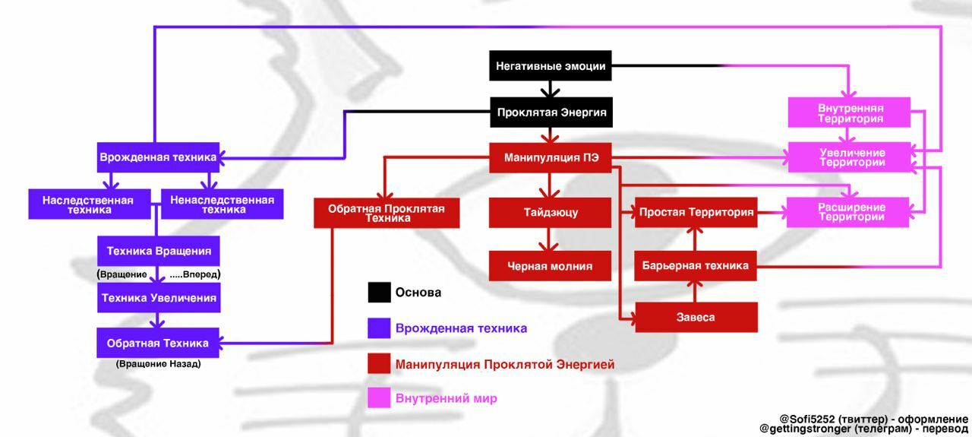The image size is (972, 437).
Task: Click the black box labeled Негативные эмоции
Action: coord(551,66)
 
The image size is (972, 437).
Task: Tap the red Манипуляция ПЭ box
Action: coord(551,158)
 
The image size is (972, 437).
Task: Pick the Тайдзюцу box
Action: coord(551,213)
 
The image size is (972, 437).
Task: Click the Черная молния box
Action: coord(551,266)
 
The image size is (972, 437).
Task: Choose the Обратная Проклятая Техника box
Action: coord(387,213)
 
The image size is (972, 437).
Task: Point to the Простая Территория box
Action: coord(696,213)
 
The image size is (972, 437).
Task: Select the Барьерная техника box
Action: coord(696,266)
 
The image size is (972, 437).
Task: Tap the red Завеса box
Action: coord(696,317)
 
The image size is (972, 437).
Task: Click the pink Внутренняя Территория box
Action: coord(850,113)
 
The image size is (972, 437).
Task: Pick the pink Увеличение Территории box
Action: coord(850,157)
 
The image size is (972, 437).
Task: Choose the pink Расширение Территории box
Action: coord(848,212)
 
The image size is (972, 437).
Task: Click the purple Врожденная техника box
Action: coord(158,157)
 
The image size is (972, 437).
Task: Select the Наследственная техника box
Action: coord(89,204)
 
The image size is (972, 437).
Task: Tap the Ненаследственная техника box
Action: coord(222,204)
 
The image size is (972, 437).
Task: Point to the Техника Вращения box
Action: coord(158,251)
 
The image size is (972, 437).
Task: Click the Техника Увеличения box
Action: coord(158,298)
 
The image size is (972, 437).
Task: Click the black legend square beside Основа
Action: coord(379,293)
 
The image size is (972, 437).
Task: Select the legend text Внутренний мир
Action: coord(446,398)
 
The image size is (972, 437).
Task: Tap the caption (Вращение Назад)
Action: coord(158,364)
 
